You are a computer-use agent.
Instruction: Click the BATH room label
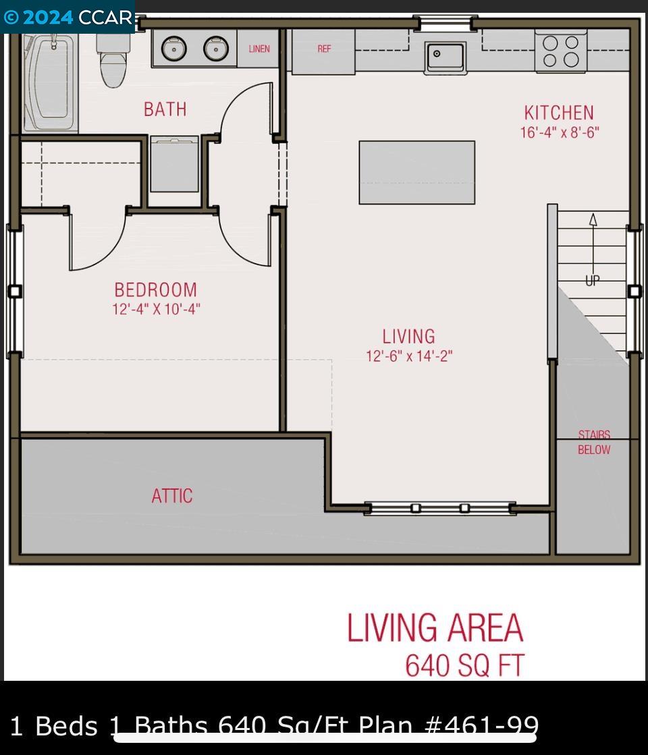click(x=165, y=109)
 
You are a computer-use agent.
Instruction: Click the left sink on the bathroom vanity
click(x=174, y=49)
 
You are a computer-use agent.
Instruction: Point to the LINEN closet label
click(x=259, y=49)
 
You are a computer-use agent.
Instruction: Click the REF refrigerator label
click(x=324, y=49)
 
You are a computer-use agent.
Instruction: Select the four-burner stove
click(x=561, y=51)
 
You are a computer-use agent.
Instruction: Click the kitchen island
click(x=416, y=172)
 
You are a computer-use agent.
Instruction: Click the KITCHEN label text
click(x=559, y=112)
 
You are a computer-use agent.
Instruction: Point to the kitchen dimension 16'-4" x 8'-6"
click(x=559, y=132)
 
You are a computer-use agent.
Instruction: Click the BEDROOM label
click(x=156, y=290)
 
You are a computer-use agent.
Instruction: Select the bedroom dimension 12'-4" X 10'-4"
click(x=156, y=310)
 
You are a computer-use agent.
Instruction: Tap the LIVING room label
click(x=408, y=336)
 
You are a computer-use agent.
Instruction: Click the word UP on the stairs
click(x=592, y=280)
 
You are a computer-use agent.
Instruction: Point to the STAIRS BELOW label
click(x=594, y=443)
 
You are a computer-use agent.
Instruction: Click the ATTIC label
click(x=171, y=496)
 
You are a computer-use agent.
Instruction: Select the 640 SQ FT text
click(x=464, y=665)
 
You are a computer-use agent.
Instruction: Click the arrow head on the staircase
click(x=593, y=219)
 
